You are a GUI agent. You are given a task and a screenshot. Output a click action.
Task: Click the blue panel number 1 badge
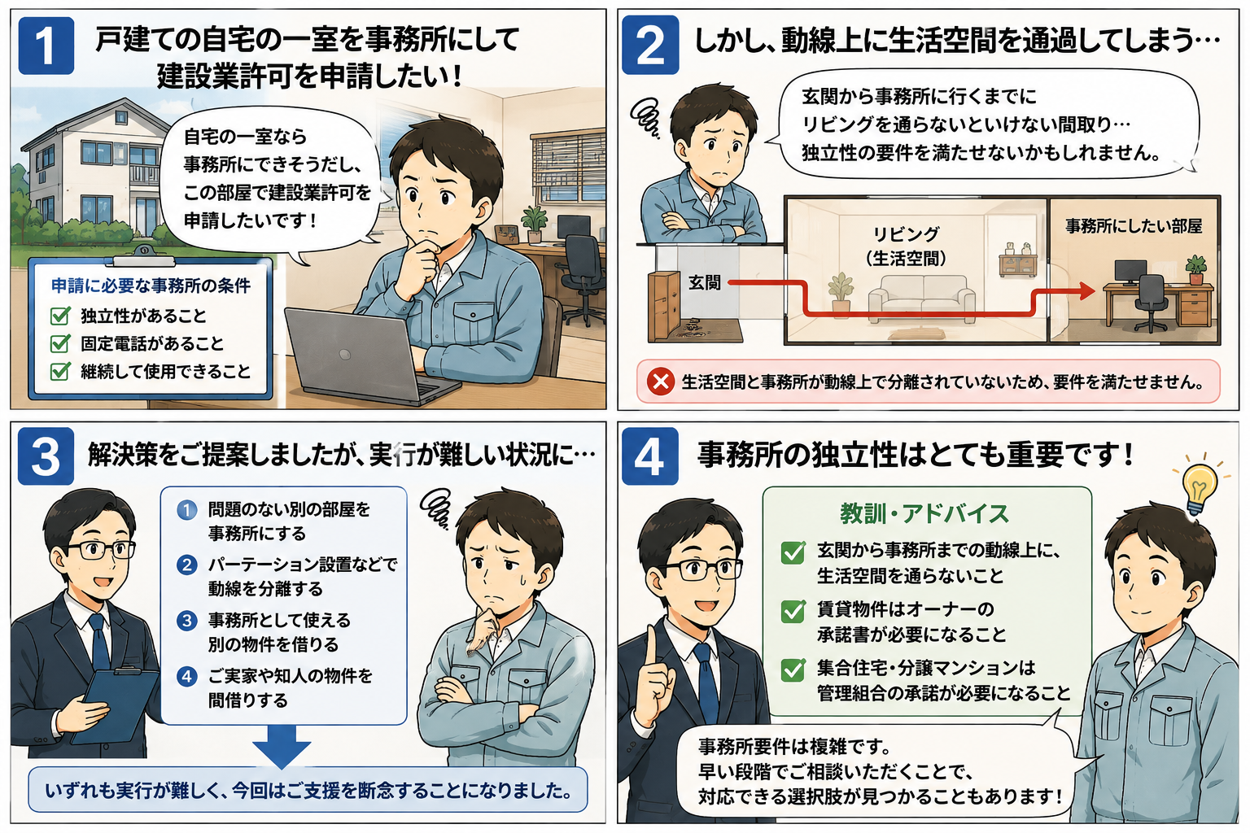pyautogui.click(x=46, y=46)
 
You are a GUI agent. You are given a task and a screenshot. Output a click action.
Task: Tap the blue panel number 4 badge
pyautogui.click(x=650, y=456)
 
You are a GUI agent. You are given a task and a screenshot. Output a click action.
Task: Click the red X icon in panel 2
pyautogui.click(x=661, y=382)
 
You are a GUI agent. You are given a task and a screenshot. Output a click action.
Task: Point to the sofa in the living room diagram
pyautogui.click(x=921, y=299)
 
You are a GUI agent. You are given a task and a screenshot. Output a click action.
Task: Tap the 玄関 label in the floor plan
pyautogui.click(x=704, y=283)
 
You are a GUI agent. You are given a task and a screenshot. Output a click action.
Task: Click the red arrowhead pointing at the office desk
pyautogui.click(x=1086, y=290)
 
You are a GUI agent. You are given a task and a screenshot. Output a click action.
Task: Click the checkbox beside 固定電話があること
pyautogui.click(x=60, y=343)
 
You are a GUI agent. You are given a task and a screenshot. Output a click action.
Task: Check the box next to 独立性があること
pyautogui.click(x=60, y=316)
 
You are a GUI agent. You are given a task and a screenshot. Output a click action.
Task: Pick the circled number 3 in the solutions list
pyautogui.click(x=186, y=621)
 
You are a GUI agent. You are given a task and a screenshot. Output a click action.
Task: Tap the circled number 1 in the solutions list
pyautogui.click(x=186, y=509)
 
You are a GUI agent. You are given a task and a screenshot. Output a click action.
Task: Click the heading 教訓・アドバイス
pyautogui.click(x=924, y=513)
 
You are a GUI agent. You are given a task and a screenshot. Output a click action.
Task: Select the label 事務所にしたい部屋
pyautogui.click(x=1134, y=226)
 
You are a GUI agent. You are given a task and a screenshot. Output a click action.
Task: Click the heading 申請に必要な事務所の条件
pyautogui.click(x=151, y=286)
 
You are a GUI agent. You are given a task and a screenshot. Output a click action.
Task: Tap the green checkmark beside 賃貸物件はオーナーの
pyautogui.click(x=793, y=612)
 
